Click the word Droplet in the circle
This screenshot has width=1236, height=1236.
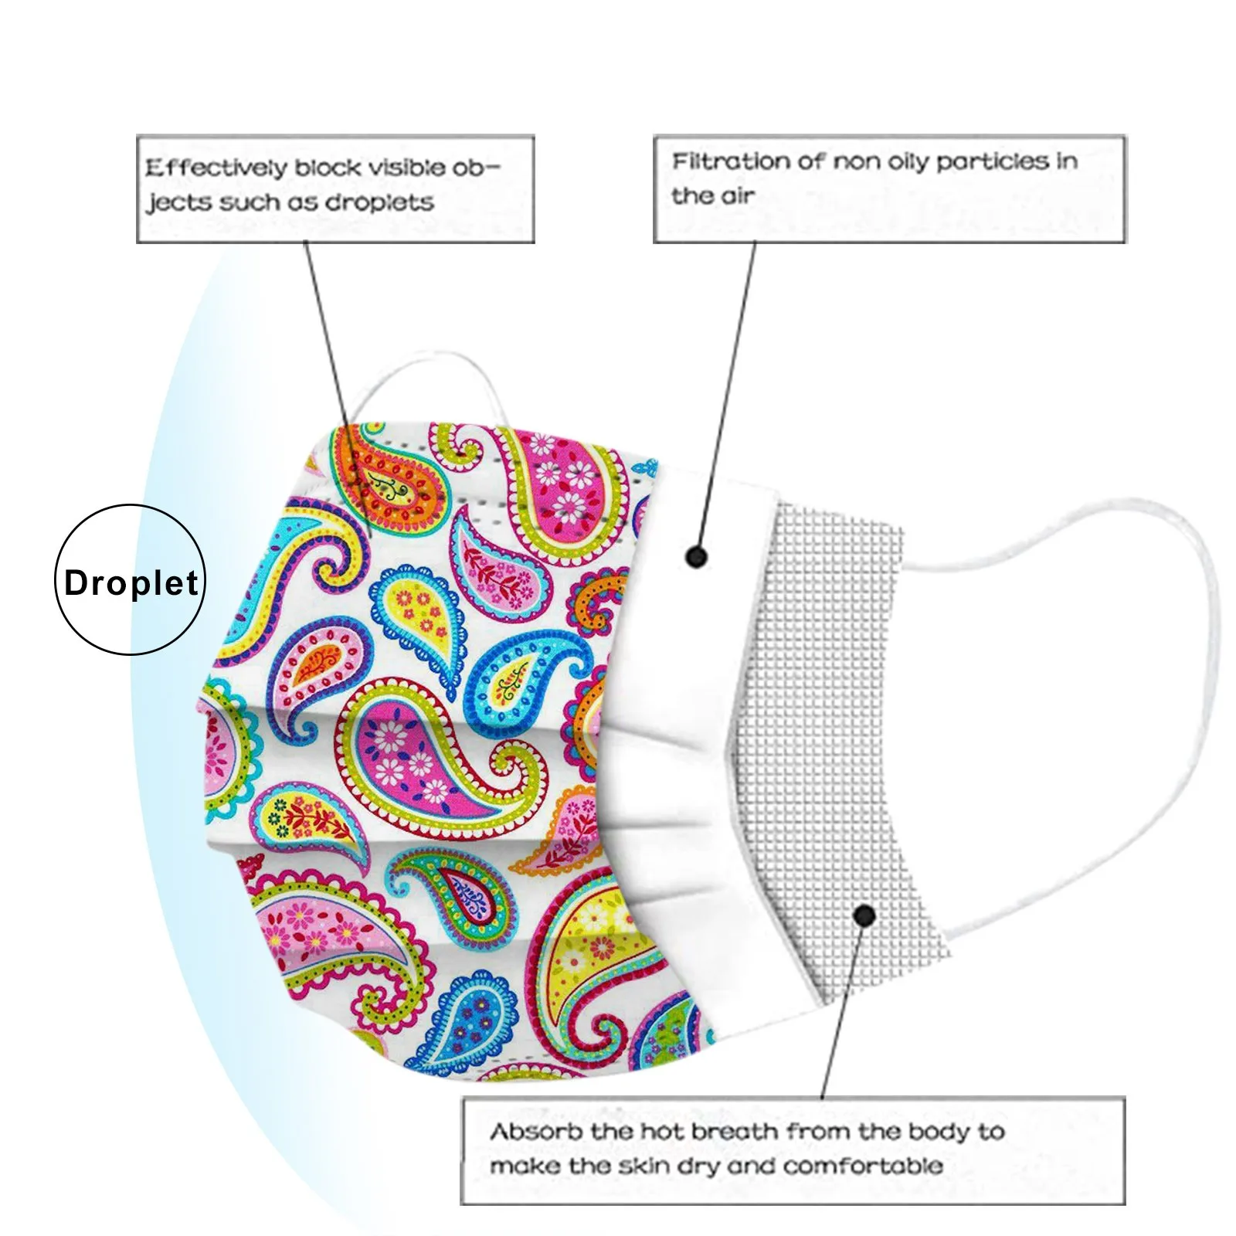(x=131, y=582)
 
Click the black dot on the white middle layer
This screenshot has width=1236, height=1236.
(x=696, y=556)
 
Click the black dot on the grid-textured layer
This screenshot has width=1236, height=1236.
(x=864, y=916)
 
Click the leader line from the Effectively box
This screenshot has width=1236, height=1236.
(x=328, y=348)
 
